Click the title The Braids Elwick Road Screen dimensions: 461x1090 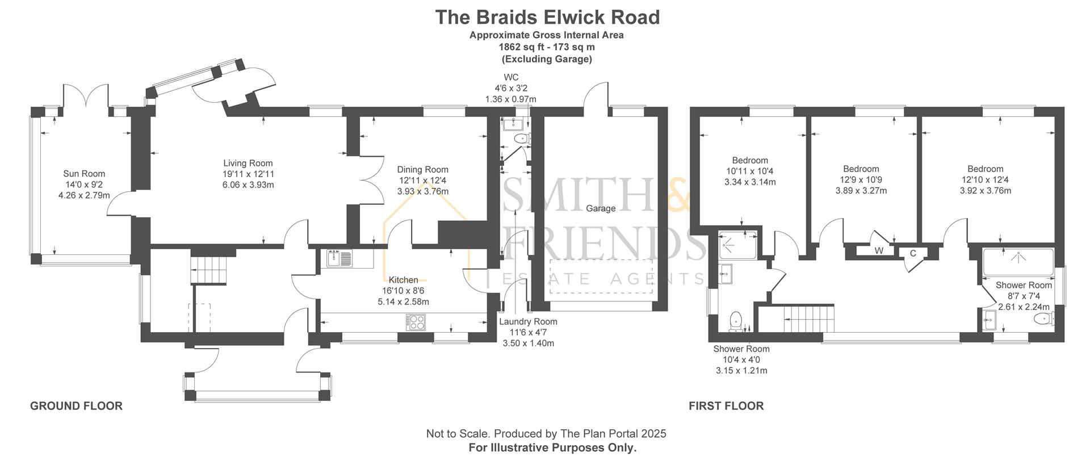pos(547,18)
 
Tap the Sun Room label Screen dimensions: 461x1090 pos(84,174)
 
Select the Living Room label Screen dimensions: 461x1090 pos(248,164)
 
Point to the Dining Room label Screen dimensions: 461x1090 pos(422,170)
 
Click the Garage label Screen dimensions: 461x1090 pos(601,208)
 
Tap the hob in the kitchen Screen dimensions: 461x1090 pos(416,322)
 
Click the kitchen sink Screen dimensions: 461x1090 pos(340,259)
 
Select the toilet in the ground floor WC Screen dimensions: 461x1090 pos(520,138)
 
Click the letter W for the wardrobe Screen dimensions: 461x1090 pos(879,250)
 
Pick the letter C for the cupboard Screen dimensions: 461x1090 pos(913,253)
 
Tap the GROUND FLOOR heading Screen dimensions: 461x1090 pos(76,406)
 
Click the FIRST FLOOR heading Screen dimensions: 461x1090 pos(726,406)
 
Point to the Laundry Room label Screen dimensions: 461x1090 pos(528,322)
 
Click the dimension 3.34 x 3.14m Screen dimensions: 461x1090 pos(750,182)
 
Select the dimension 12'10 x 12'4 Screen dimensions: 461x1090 pos(986,180)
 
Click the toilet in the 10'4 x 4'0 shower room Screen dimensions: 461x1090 pos(736,320)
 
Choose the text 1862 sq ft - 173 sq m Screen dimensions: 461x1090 pos(547,47)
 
